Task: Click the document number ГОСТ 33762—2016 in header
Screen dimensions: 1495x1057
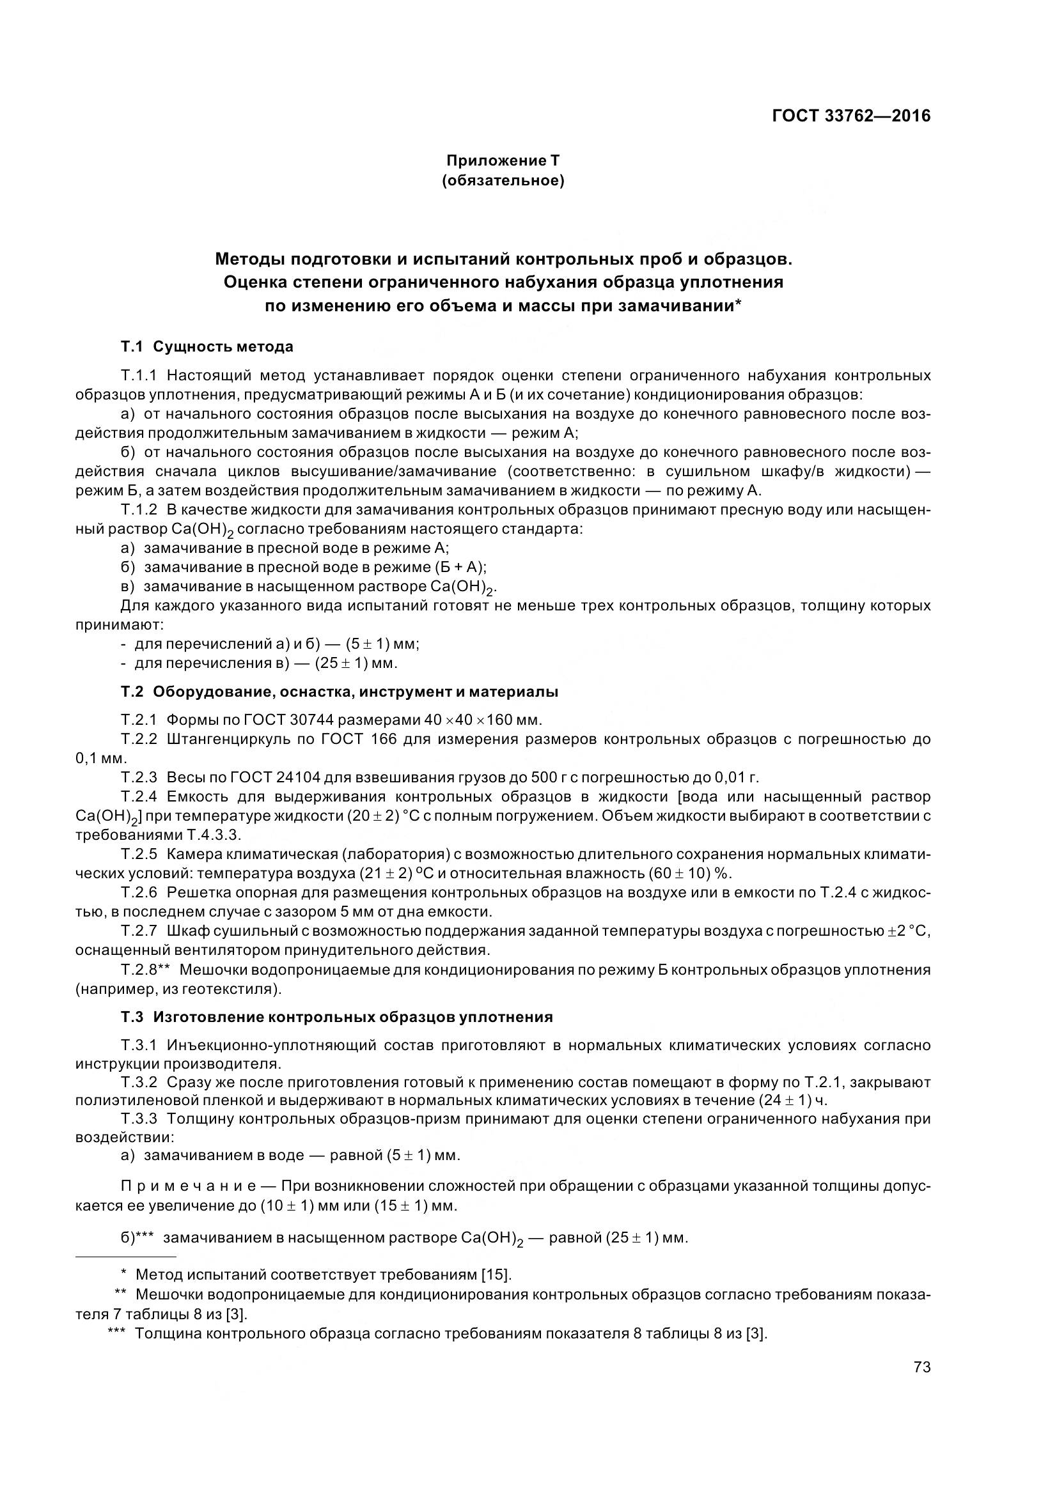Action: [x=850, y=116]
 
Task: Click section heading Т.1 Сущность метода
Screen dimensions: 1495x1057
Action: [x=207, y=346]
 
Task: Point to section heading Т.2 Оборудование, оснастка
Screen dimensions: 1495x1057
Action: [x=339, y=692]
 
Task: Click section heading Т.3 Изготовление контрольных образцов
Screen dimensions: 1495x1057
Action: [x=336, y=1017]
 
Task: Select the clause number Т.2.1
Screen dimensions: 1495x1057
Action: [x=139, y=720]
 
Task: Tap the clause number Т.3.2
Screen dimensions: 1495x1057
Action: [x=139, y=1082]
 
